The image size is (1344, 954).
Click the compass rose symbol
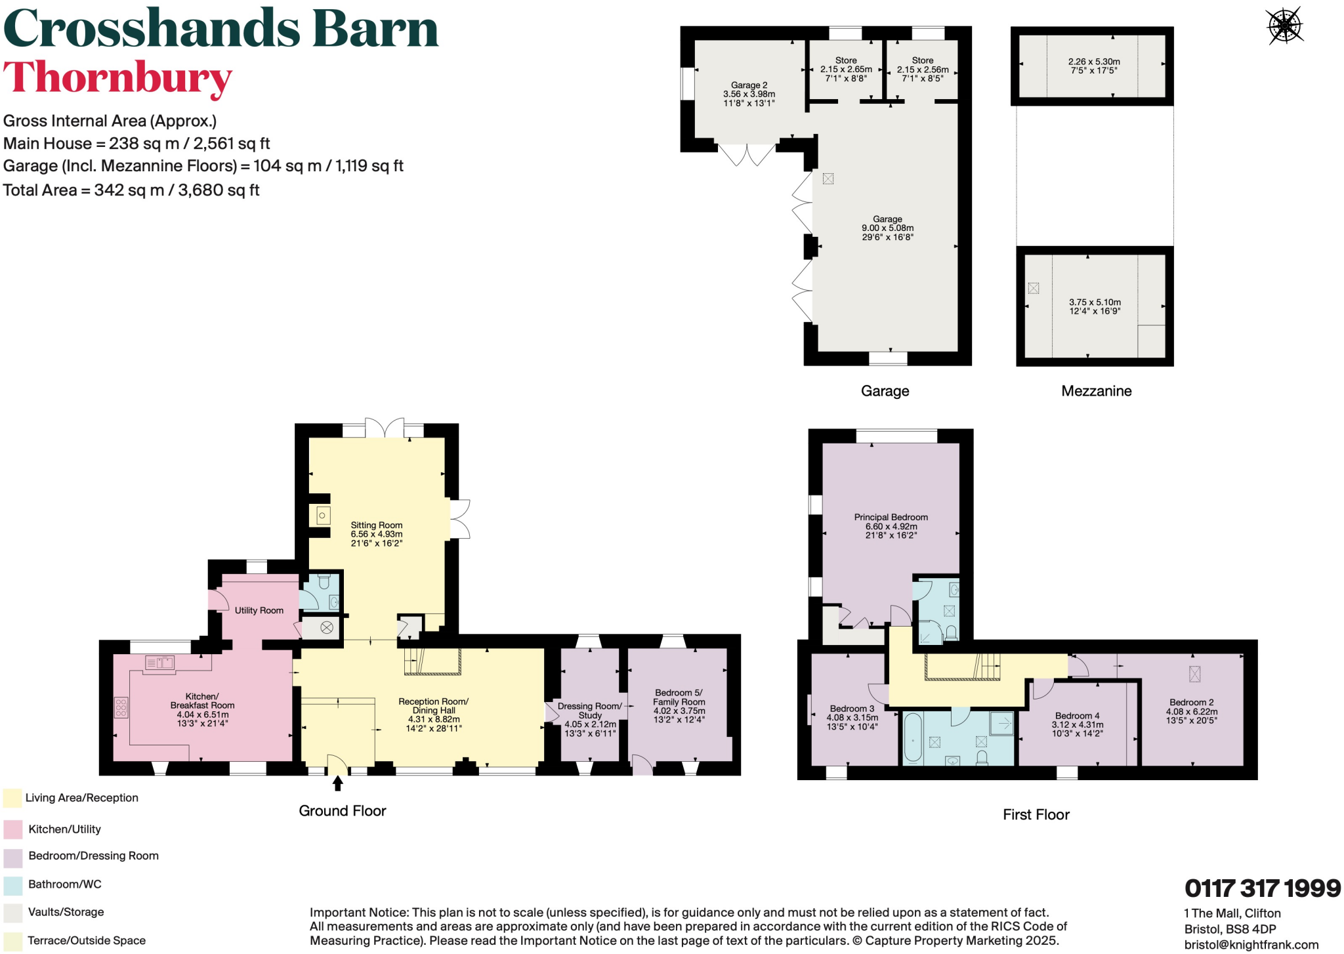point(1284,26)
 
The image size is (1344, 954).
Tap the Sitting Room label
point(376,525)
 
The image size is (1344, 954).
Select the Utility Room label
point(259,610)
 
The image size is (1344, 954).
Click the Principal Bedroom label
point(891,517)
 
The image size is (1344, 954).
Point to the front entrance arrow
point(338,783)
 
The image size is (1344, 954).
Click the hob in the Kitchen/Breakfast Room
point(121,707)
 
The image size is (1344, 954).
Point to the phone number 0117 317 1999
point(1262,888)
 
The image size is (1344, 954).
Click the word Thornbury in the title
point(118,77)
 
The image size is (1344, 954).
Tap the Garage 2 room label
point(749,85)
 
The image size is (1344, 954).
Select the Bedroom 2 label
point(1191,702)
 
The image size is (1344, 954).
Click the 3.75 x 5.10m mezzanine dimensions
point(1095,302)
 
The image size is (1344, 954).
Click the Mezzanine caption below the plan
point(1096,391)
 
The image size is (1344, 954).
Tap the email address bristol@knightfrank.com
point(1251,945)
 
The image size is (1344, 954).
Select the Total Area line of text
point(131,190)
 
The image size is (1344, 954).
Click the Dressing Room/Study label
point(589,710)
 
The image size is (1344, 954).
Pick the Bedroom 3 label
point(852,709)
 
